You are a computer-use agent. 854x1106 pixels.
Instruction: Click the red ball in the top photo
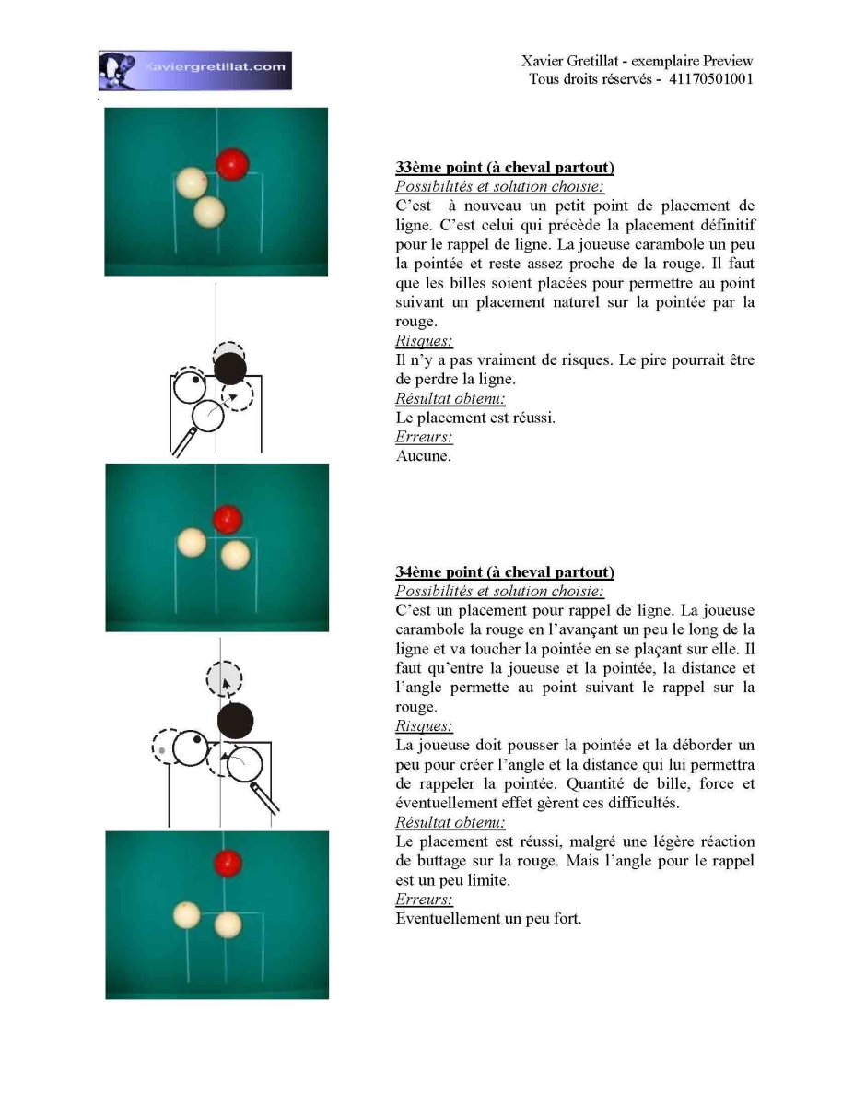232,164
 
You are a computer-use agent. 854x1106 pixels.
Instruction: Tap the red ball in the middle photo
228,519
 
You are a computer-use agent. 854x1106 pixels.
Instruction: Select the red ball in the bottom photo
228,863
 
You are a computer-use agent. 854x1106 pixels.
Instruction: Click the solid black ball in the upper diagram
230,369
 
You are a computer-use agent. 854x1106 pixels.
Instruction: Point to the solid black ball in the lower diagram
235,721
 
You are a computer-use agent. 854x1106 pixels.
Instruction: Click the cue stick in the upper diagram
184,441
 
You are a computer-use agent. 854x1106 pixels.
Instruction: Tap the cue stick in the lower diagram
264,797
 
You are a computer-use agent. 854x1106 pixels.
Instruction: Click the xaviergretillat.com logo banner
194,70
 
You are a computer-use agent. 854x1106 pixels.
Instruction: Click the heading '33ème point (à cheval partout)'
505,167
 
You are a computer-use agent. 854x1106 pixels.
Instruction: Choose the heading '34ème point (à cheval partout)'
505,571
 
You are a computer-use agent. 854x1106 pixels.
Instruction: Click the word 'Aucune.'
423,455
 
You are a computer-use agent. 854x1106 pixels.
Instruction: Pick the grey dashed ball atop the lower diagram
224,678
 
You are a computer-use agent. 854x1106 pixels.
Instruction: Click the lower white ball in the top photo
209,212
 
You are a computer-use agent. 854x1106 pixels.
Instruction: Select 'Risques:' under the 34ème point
424,725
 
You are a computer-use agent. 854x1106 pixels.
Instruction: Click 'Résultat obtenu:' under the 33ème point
450,398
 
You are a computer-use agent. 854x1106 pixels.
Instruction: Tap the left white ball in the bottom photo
187,915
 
